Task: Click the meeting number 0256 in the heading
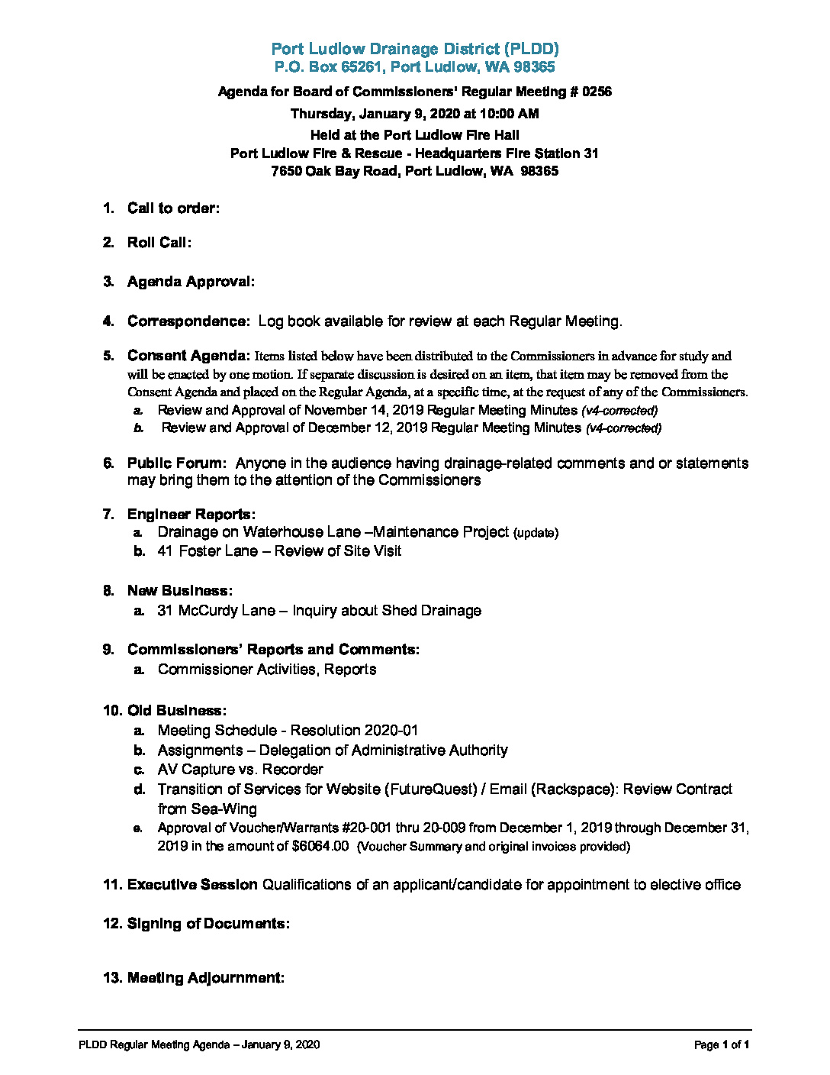[x=596, y=92]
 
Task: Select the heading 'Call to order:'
[x=173, y=208]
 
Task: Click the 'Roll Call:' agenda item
[x=159, y=243]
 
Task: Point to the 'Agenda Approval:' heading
[x=191, y=282]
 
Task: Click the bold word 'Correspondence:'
[x=188, y=321]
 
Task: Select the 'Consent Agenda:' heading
[x=188, y=356]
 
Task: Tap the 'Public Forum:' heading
[x=176, y=463]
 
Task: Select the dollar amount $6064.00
[x=320, y=846]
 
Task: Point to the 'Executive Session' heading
[x=192, y=885]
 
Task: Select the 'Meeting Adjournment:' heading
[x=205, y=978]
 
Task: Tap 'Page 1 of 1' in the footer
[x=722, y=1045]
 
